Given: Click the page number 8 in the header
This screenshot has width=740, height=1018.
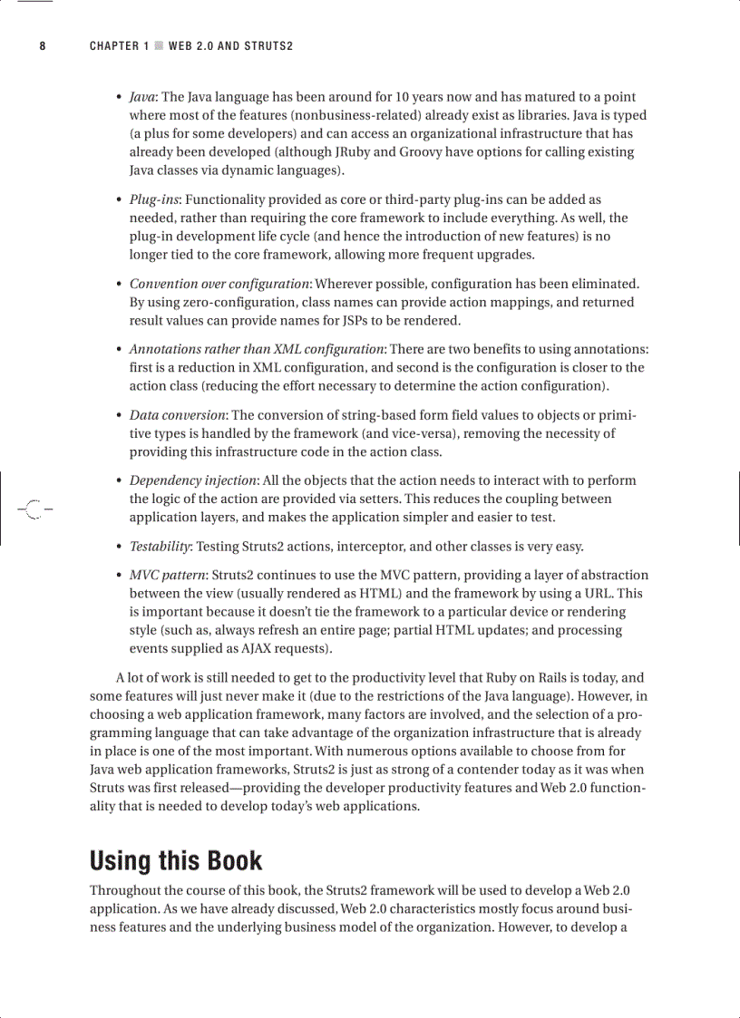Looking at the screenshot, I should pyautogui.click(x=42, y=46).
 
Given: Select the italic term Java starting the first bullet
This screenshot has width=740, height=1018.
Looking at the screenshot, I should pyautogui.click(x=141, y=97).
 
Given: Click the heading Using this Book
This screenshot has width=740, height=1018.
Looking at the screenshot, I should pyautogui.click(x=176, y=860).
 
